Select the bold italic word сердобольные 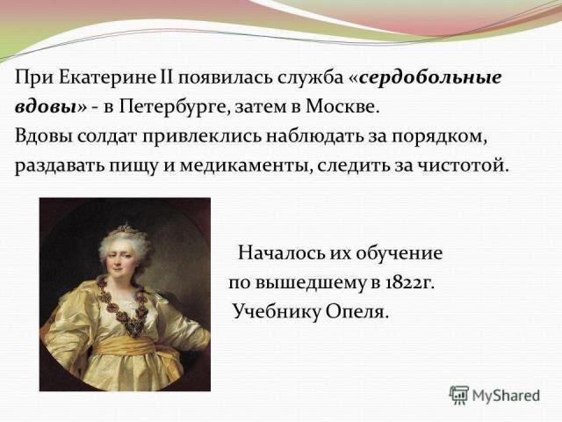click(x=430, y=78)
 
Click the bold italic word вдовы click(x=47, y=106)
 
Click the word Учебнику click(x=276, y=311)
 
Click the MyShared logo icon click(x=459, y=396)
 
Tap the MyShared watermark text click(x=506, y=395)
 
